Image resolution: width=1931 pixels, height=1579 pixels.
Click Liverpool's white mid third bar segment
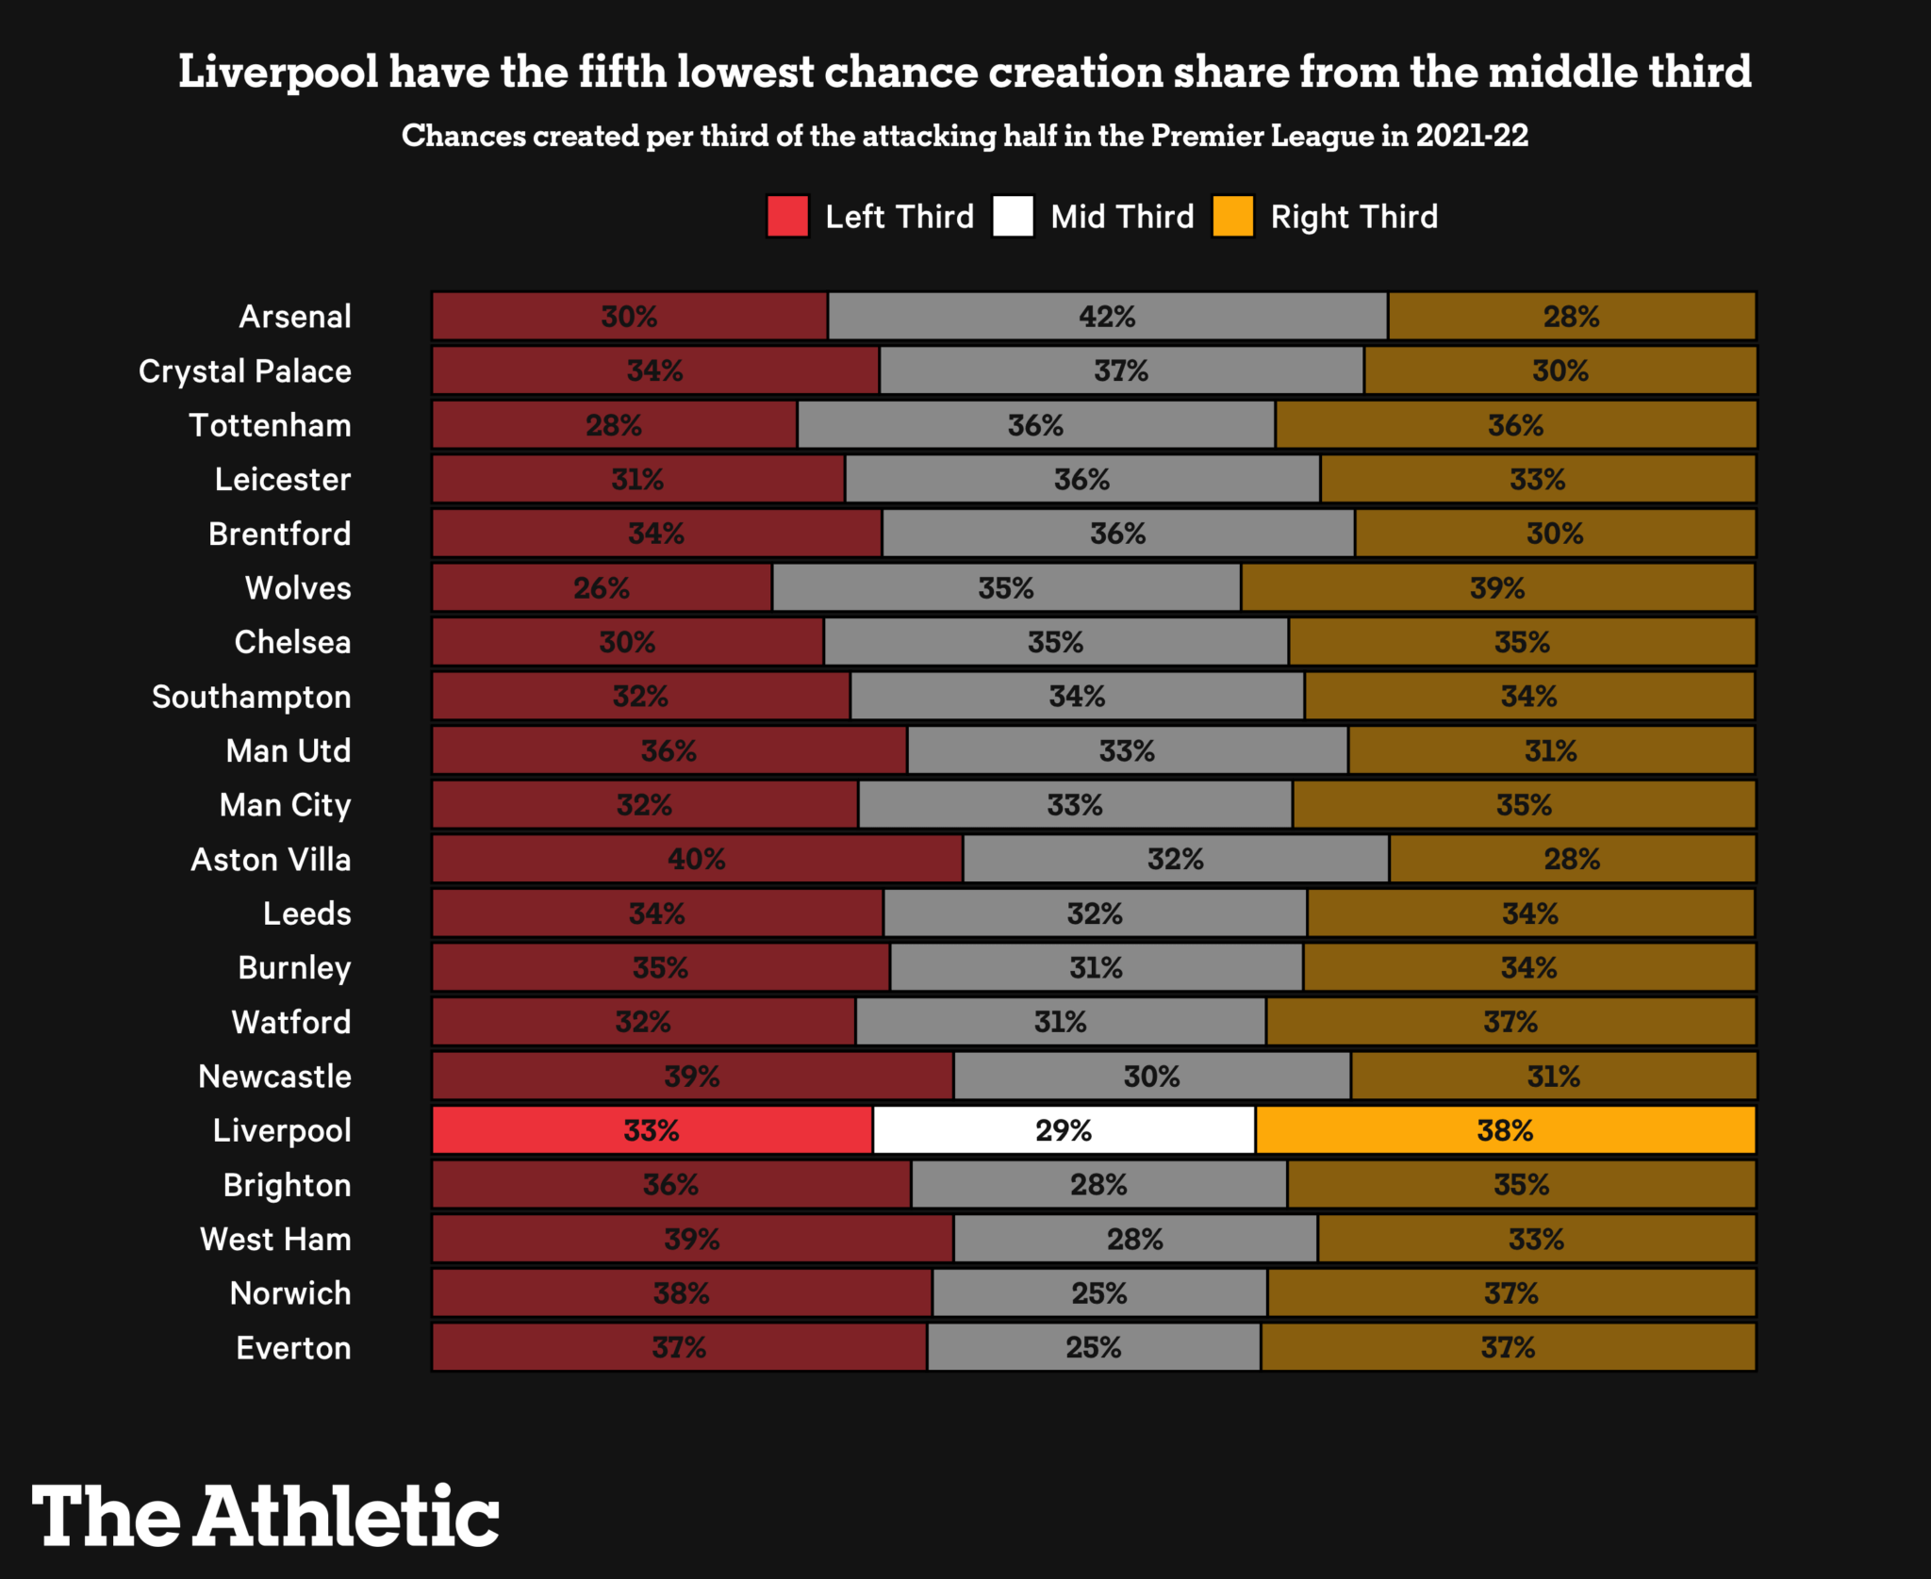coord(1064,1130)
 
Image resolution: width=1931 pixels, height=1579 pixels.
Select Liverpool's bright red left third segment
coord(652,1130)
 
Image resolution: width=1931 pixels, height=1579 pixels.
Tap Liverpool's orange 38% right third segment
coord(1505,1130)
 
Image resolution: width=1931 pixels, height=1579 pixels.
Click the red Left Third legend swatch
coord(787,216)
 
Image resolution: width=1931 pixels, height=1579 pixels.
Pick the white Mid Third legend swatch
coord(1013,216)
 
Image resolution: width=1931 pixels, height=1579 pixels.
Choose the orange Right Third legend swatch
coord(1232,216)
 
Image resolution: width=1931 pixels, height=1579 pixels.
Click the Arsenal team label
coord(295,317)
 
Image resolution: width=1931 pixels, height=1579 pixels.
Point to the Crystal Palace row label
coord(245,371)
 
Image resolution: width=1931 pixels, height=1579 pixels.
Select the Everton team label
coord(293,1348)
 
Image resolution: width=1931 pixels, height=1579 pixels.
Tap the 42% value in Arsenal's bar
coord(1107,317)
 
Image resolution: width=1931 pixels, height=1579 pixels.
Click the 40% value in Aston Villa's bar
coord(697,859)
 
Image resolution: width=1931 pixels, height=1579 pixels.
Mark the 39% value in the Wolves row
coord(1497,588)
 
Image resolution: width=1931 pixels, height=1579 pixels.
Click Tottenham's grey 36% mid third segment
coord(1035,425)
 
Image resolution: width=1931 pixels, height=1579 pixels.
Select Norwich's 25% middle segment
coord(1099,1293)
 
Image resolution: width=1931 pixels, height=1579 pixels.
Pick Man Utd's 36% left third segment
coord(669,751)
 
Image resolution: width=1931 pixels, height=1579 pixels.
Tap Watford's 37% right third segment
coord(1510,1022)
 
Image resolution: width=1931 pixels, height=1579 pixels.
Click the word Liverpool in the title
coord(278,73)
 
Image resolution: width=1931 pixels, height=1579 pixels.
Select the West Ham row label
coord(275,1240)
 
